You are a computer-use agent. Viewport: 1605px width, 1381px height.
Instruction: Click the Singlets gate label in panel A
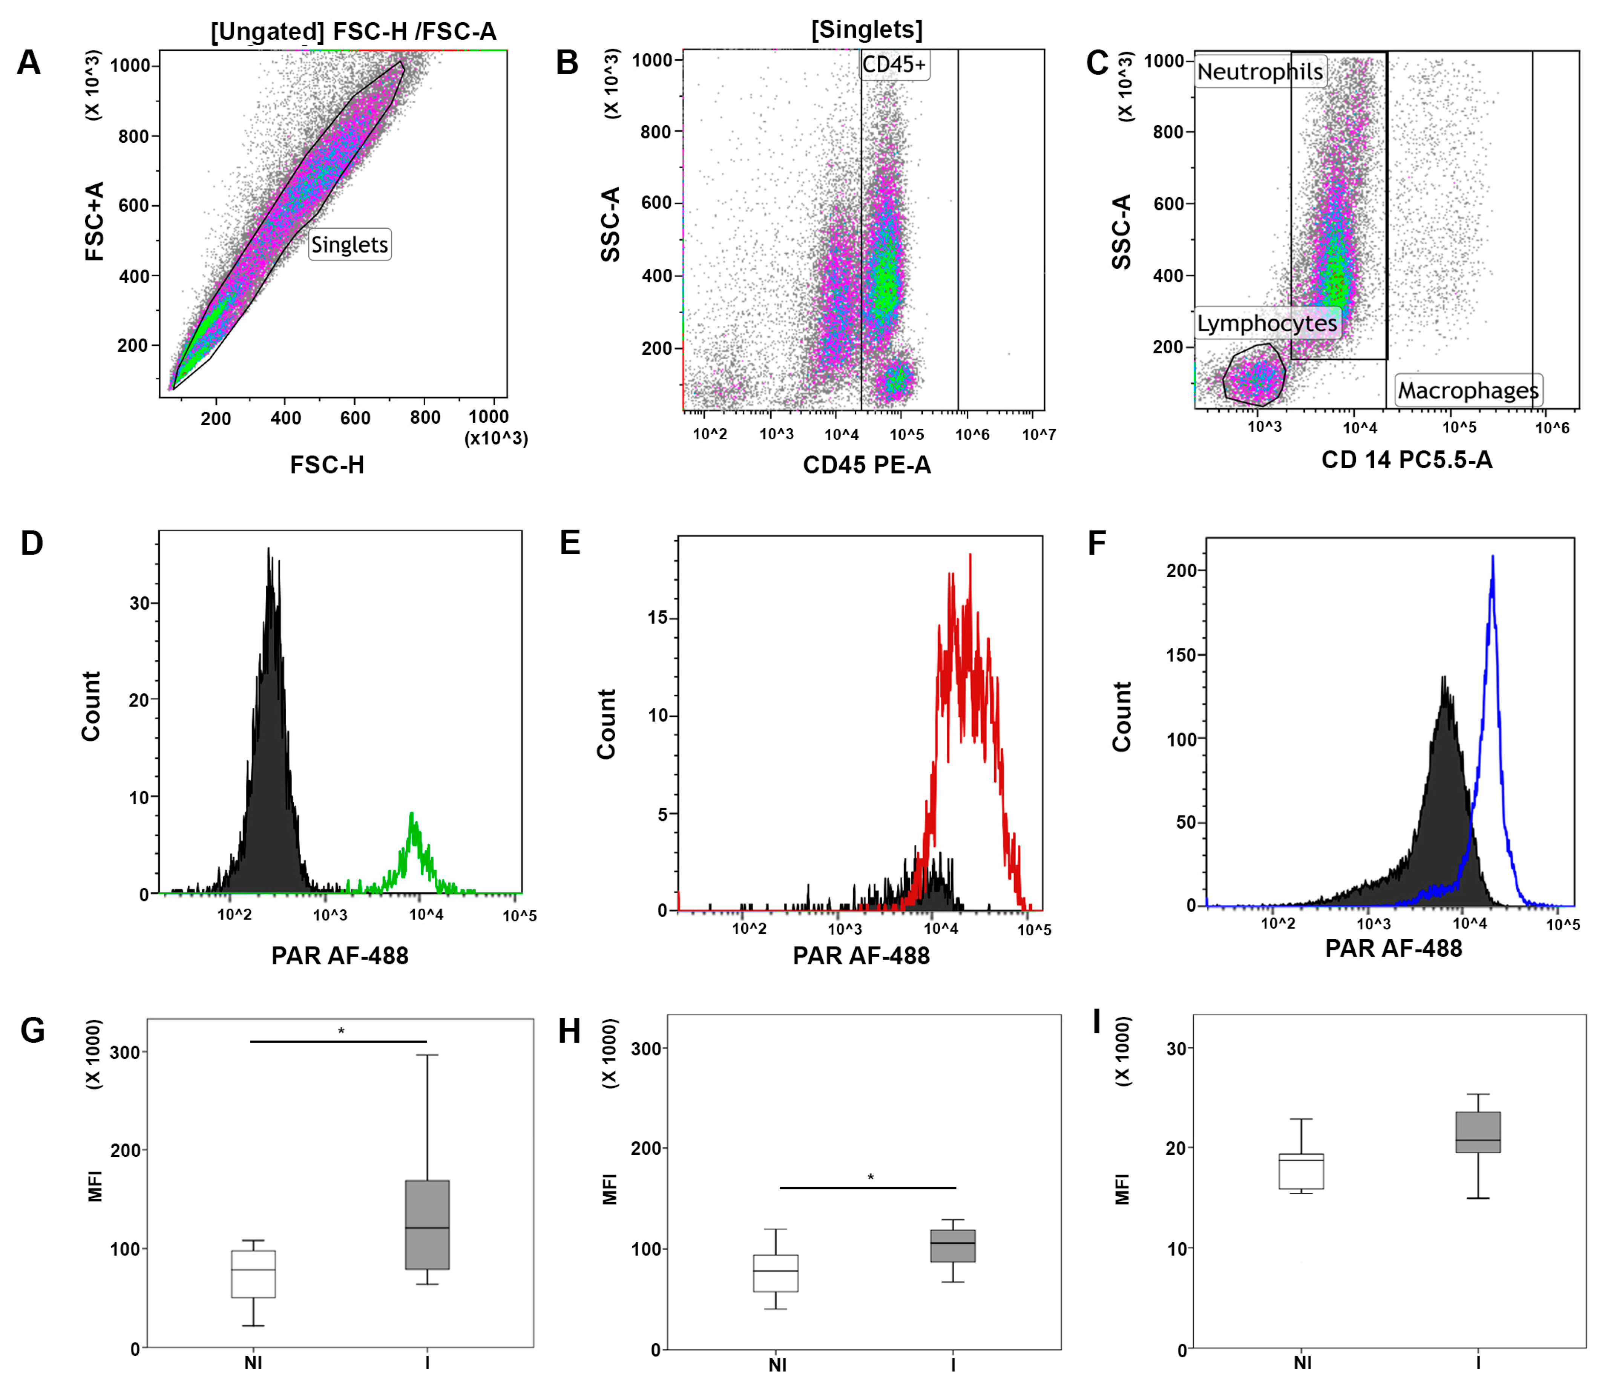pos(350,245)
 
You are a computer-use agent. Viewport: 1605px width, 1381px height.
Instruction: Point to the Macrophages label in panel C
pos(1468,390)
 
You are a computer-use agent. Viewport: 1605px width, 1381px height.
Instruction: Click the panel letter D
pos(32,544)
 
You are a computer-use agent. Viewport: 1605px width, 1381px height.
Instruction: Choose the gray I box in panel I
pos(1478,1133)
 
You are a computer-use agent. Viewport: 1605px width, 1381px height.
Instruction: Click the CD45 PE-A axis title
pos(867,465)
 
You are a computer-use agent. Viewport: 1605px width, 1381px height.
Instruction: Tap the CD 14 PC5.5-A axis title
pos(1407,460)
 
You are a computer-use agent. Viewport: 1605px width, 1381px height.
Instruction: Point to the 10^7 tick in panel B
pos(1038,435)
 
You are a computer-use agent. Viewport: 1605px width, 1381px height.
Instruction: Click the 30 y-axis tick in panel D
pos(139,603)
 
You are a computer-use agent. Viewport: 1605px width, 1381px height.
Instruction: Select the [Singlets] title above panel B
pos(867,29)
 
